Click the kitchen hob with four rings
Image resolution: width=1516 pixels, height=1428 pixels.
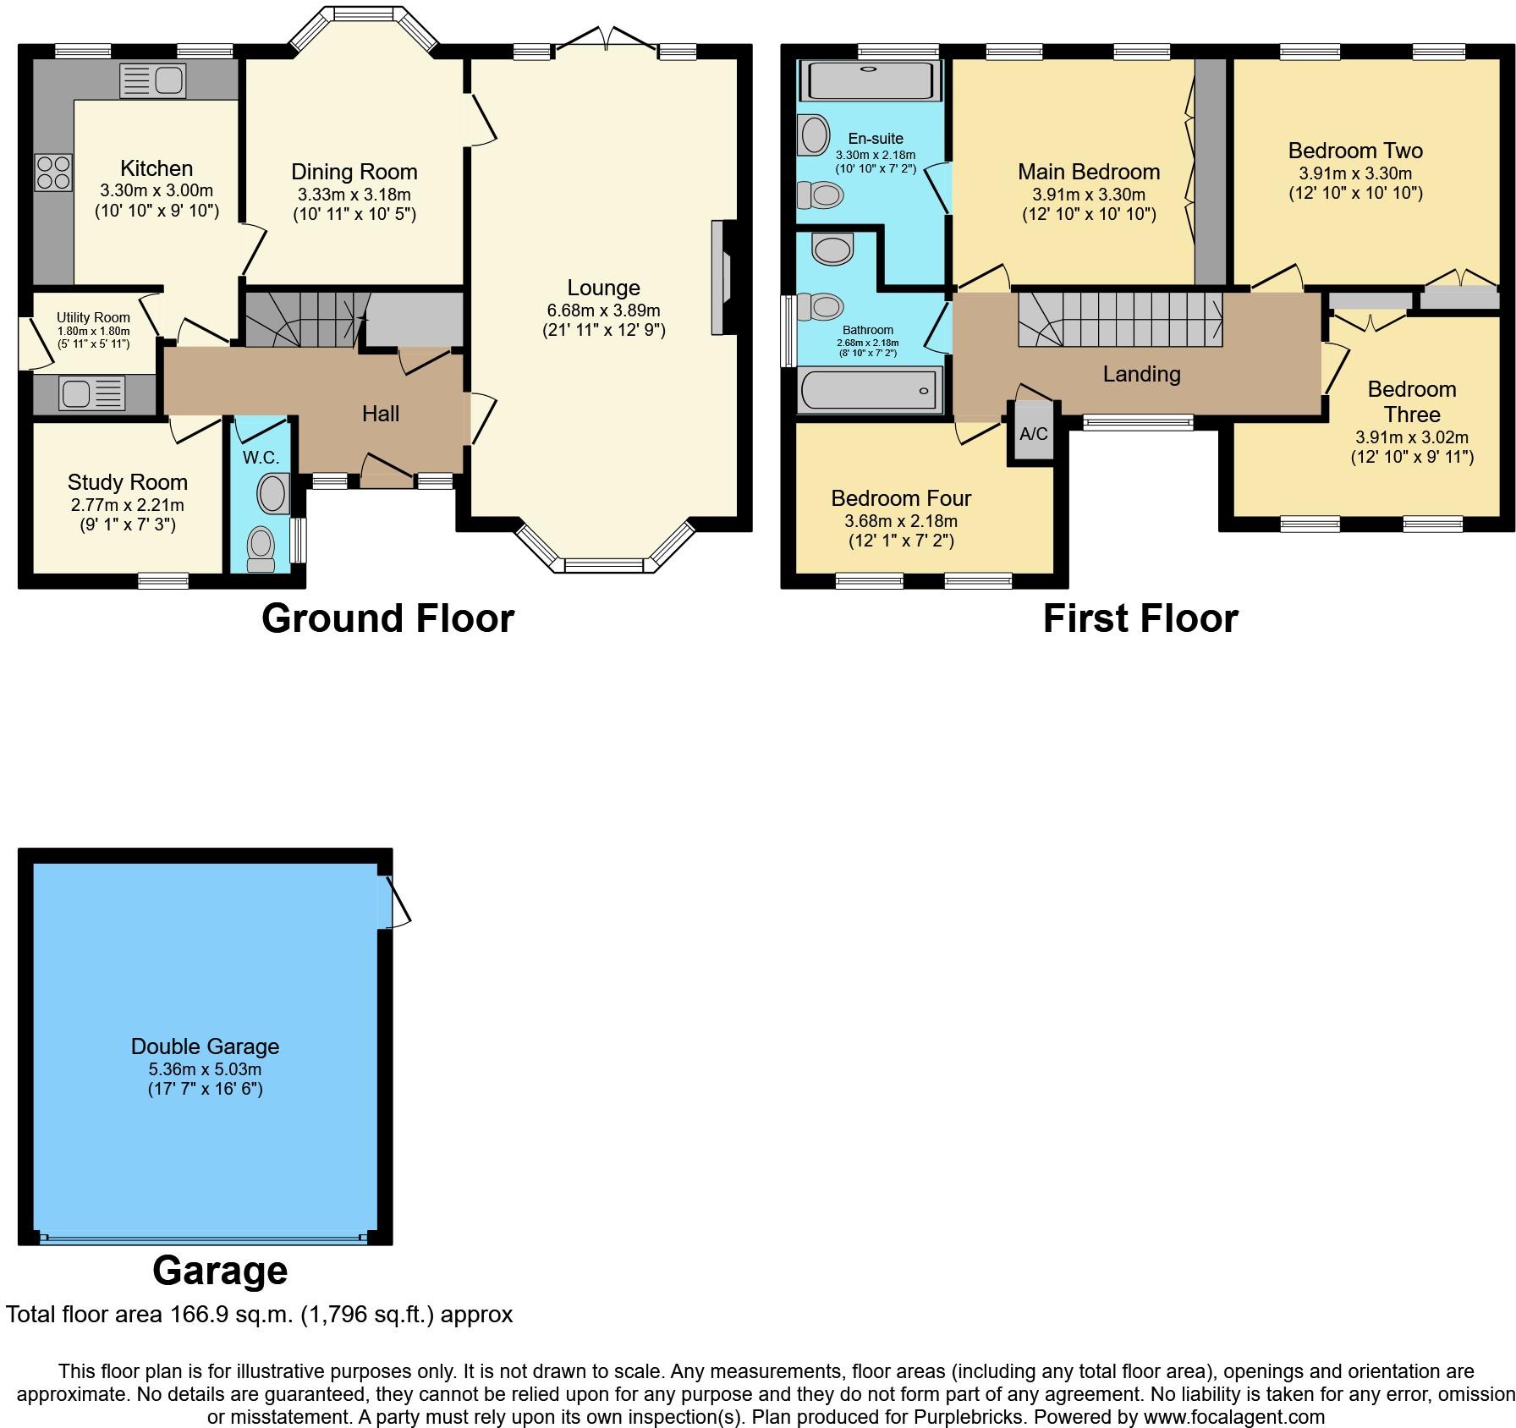coord(52,173)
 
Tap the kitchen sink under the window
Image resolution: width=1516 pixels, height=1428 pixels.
coord(153,81)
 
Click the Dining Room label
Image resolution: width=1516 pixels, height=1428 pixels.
coord(354,172)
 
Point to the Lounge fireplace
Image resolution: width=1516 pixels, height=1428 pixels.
coord(722,278)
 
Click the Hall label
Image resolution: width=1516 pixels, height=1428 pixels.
coord(381,414)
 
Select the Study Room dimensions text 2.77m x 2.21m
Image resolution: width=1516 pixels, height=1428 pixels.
coord(128,506)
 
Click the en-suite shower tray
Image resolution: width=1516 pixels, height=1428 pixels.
coord(871,80)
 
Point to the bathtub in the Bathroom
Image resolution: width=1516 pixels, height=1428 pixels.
coord(870,390)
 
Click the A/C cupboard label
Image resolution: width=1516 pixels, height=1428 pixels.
coord(1034,434)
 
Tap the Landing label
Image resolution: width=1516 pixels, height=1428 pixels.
coord(1141,374)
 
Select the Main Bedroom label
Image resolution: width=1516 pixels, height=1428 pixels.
coord(1089,172)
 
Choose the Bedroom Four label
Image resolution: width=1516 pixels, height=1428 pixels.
coord(901,498)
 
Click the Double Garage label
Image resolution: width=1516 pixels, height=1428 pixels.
coord(205,1046)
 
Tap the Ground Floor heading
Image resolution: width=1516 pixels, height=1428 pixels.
coord(387,618)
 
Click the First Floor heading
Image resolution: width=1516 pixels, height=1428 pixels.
coord(1140,618)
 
